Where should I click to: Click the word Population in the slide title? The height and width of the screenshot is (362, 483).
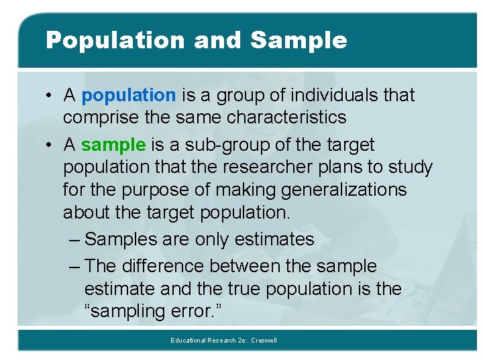(115, 40)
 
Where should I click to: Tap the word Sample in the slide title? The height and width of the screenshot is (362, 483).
(299, 40)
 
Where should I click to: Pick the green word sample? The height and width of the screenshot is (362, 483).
(113, 144)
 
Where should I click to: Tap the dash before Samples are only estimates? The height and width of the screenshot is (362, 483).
(76, 239)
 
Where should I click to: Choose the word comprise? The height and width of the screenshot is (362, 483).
(94, 117)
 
